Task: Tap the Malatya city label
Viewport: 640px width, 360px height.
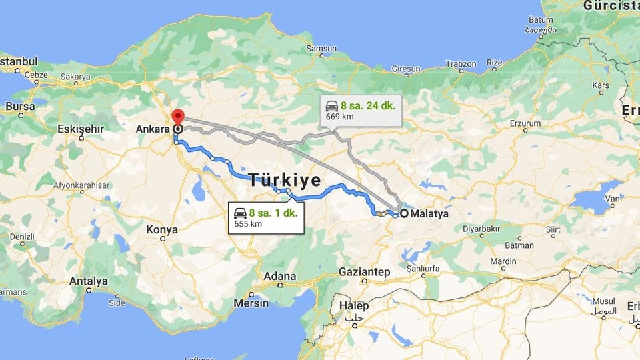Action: click(429, 214)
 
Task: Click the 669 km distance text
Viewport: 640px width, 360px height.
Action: click(339, 117)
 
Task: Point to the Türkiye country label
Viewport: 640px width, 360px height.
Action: click(285, 181)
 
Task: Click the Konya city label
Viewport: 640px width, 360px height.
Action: click(162, 230)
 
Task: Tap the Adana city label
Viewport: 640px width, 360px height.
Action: click(279, 276)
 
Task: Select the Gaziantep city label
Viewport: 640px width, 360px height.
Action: click(364, 272)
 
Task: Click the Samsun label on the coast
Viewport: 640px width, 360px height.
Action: click(321, 48)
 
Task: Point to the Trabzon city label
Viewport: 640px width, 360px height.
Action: click(461, 64)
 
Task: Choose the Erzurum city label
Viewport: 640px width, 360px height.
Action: click(525, 123)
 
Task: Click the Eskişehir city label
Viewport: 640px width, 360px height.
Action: click(81, 128)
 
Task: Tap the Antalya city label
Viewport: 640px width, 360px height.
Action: click(88, 281)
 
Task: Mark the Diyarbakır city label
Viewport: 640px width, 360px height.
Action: click(481, 229)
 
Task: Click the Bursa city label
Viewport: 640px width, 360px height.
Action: click(19, 106)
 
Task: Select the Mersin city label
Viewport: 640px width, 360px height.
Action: click(251, 303)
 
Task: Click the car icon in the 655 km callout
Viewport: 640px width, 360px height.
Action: click(240, 213)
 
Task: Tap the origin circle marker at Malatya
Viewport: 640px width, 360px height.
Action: click(404, 214)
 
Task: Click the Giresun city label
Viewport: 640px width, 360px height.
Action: click(406, 69)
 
